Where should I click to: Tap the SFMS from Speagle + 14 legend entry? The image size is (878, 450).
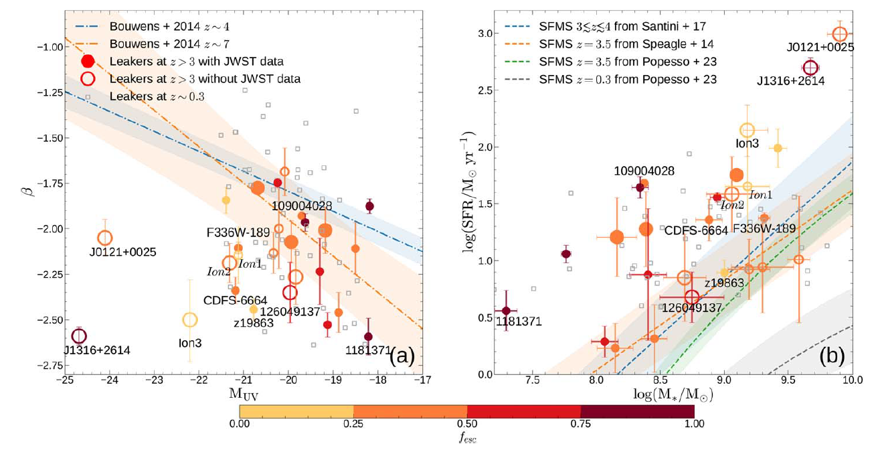tap(626, 44)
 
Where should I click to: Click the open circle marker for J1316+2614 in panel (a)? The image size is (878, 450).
tap(79, 335)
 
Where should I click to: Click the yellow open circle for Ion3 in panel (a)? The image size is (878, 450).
tap(190, 320)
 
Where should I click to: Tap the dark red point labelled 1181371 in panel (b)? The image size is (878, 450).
tap(506, 310)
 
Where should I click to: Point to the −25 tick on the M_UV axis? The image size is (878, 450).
tap(64, 382)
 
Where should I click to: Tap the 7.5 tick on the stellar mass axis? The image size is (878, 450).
tap(533, 382)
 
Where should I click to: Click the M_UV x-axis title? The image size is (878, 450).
tap(244, 394)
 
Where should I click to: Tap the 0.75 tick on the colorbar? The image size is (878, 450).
tap(580, 423)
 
